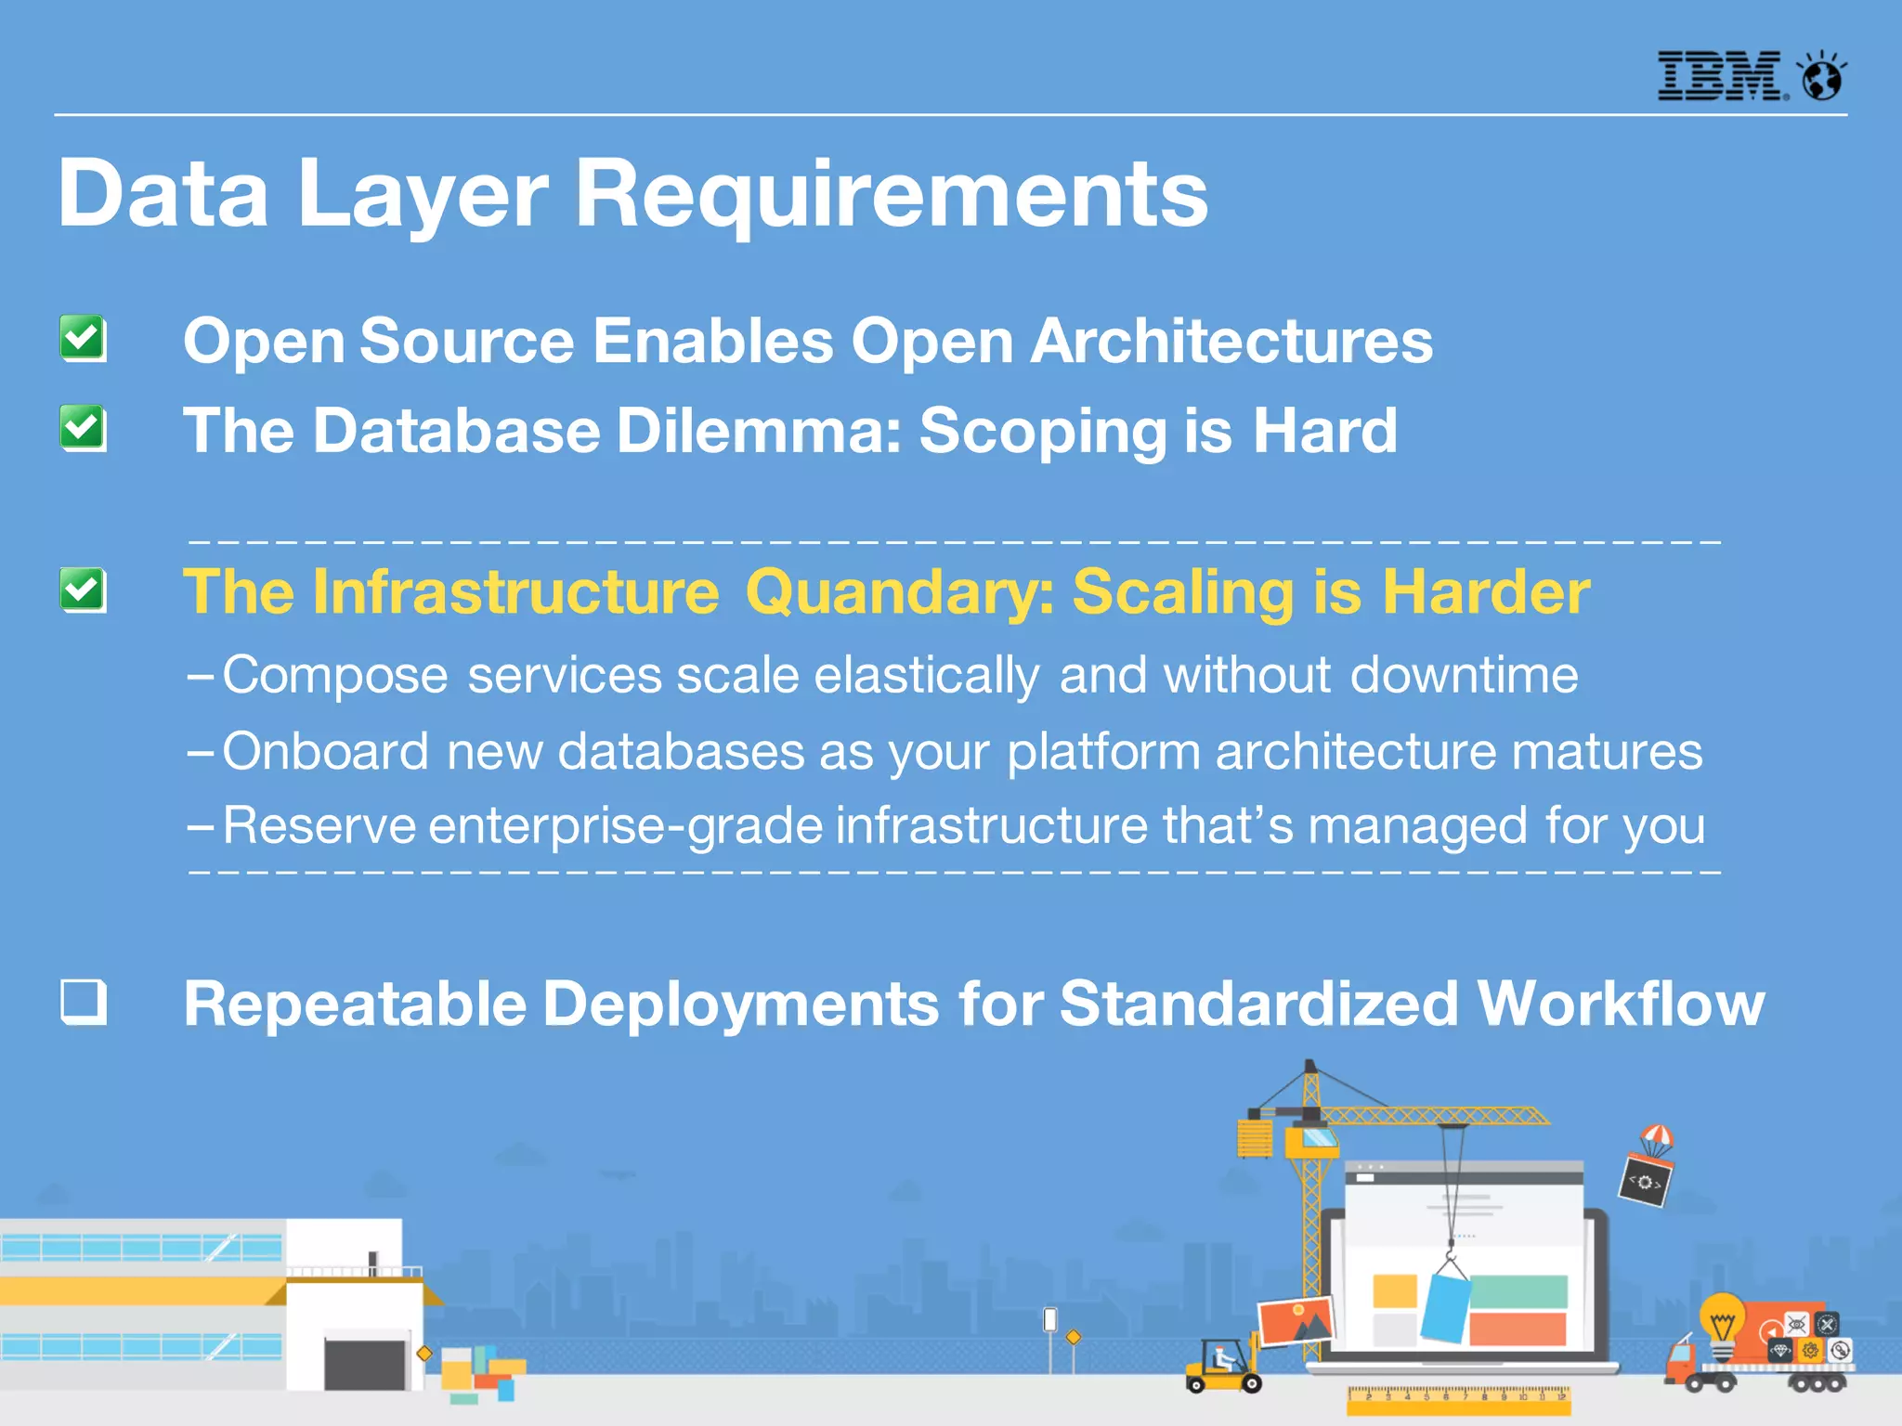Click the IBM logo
click(1721, 76)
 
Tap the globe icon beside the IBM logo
click(1822, 76)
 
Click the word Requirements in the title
click(892, 195)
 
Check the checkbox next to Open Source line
click(83, 338)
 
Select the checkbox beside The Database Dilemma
click(83, 428)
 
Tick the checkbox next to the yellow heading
click(83, 590)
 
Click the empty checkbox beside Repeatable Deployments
click(84, 1002)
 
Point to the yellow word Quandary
click(899, 592)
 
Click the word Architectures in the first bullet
click(1231, 341)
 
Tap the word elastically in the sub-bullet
click(926, 675)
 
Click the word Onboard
click(325, 751)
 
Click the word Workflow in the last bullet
click(1621, 1005)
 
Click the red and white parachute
click(1657, 1138)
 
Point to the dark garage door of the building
click(365, 1361)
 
